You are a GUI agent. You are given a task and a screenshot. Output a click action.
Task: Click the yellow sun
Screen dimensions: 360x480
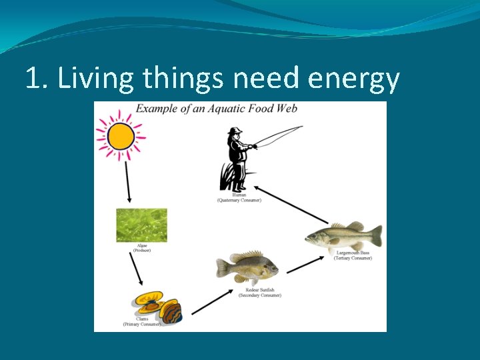(120, 136)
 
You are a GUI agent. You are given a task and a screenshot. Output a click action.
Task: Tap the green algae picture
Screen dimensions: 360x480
(141, 225)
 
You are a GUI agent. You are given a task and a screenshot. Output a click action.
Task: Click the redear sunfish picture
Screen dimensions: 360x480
(247, 267)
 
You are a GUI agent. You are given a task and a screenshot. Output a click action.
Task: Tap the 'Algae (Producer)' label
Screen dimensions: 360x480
(141, 248)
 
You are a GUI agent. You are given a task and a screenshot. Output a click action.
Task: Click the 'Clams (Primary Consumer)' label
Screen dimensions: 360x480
(142, 322)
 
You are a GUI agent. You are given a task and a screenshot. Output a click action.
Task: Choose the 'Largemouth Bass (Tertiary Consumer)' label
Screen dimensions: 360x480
(353, 255)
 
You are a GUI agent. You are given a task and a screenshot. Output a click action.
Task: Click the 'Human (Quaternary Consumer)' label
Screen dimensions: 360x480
(239, 197)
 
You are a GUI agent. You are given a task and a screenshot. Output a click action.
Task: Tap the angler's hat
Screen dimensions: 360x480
(235, 131)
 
